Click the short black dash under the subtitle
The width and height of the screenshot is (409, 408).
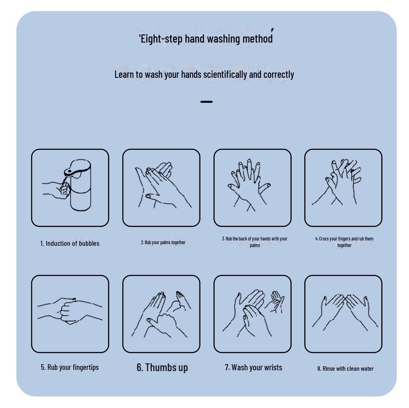click(206, 102)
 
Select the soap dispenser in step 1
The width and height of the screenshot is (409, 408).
click(78, 185)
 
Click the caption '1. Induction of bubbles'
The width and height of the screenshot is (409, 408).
click(70, 243)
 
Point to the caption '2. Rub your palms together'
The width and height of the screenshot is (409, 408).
click(163, 243)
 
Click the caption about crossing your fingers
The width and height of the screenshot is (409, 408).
click(344, 242)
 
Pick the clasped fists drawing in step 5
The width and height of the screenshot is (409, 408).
click(70, 311)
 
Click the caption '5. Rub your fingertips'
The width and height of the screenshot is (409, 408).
click(70, 367)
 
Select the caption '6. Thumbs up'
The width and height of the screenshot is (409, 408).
click(162, 367)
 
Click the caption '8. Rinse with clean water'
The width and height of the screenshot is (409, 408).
click(345, 369)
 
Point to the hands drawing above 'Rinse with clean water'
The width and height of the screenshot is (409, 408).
click(345, 313)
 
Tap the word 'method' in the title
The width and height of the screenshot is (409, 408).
click(257, 39)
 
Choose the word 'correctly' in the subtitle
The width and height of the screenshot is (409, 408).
click(279, 75)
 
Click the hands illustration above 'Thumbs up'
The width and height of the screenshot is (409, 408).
click(161, 314)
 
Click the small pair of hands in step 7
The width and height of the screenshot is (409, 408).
click(275, 301)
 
